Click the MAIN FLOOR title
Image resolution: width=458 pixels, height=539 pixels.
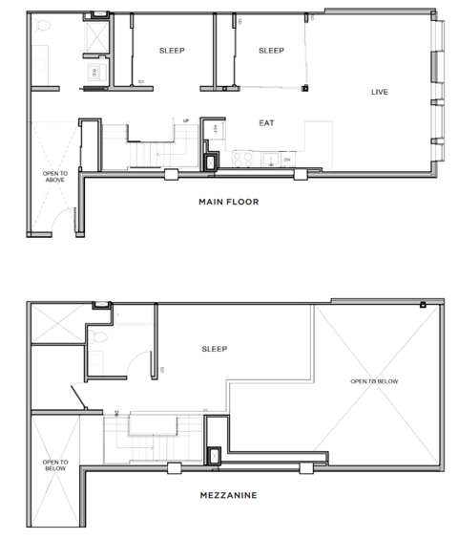228,202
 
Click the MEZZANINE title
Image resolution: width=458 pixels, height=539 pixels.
228,495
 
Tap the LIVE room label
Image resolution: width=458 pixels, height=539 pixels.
381,92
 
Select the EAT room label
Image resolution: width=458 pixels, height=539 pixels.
266,123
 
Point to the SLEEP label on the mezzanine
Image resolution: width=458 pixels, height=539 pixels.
214,350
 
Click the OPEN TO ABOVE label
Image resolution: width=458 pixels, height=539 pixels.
54,178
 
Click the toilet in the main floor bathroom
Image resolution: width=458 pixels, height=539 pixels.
41,31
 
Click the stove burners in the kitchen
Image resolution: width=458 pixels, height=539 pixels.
240,158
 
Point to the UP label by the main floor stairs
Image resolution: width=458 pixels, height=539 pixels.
187,119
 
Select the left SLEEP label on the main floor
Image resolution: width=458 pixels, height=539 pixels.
172,51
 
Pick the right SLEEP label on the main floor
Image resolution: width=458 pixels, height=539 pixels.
272,51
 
